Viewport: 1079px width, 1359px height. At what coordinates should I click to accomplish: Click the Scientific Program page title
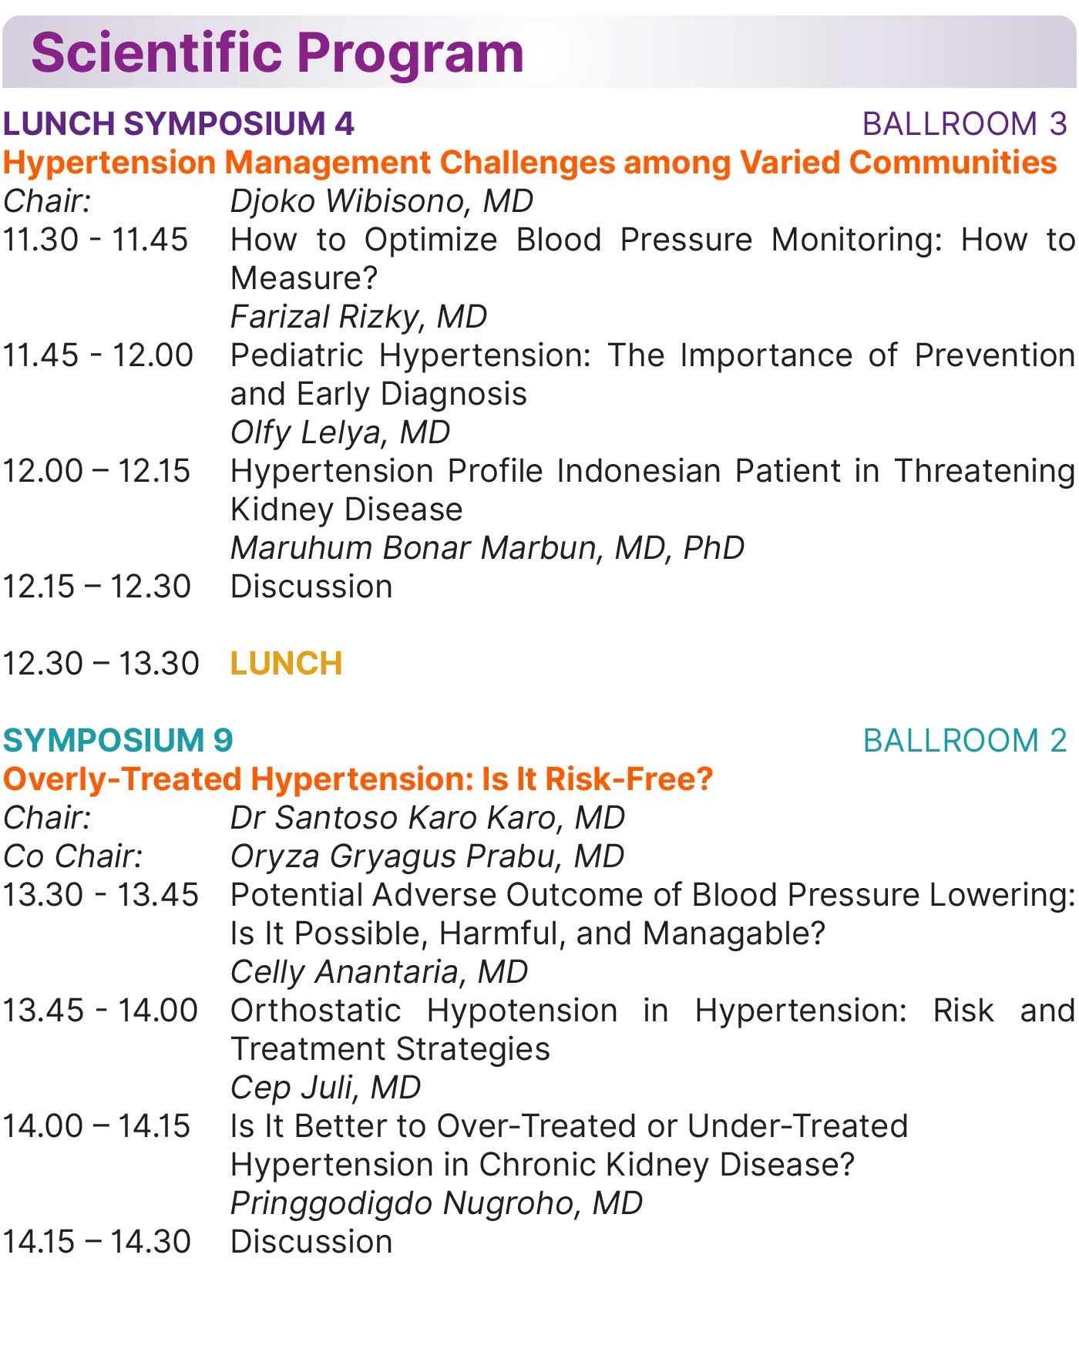point(277,53)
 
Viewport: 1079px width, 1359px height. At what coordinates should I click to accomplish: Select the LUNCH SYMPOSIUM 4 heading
point(179,124)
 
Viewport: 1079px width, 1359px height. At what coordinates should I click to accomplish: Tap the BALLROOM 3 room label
point(965,124)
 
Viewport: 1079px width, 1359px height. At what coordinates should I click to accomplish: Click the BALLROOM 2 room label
point(965,741)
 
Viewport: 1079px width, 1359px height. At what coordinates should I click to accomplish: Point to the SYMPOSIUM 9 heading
point(118,741)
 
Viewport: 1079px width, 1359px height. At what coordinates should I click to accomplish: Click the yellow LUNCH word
point(287,664)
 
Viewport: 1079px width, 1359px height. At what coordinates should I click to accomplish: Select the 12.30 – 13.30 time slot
point(101,664)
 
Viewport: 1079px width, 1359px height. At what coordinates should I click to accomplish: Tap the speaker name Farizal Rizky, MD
point(359,317)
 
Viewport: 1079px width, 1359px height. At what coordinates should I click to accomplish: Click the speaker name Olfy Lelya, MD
point(341,432)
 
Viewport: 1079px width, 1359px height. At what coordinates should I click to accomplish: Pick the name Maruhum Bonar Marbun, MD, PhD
point(488,548)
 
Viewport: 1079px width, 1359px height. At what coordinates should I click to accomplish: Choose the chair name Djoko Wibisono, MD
point(382,201)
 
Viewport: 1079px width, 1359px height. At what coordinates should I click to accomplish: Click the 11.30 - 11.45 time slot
point(96,240)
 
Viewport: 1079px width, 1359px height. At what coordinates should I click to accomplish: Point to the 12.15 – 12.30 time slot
point(97,587)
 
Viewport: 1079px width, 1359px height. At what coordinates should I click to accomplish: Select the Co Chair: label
point(73,856)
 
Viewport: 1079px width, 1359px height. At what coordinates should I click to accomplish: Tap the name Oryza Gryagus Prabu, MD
point(428,856)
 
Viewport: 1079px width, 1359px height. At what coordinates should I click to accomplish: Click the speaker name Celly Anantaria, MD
point(379,972)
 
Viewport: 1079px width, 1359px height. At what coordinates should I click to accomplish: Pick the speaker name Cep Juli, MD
point(326,1088)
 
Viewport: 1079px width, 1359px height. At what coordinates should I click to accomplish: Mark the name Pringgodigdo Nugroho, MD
point(437,1203)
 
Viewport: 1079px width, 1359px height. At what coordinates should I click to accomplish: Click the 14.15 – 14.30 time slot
point(97,1242)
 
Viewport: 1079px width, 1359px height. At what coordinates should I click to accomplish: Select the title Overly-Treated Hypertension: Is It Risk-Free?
point(358,779)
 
